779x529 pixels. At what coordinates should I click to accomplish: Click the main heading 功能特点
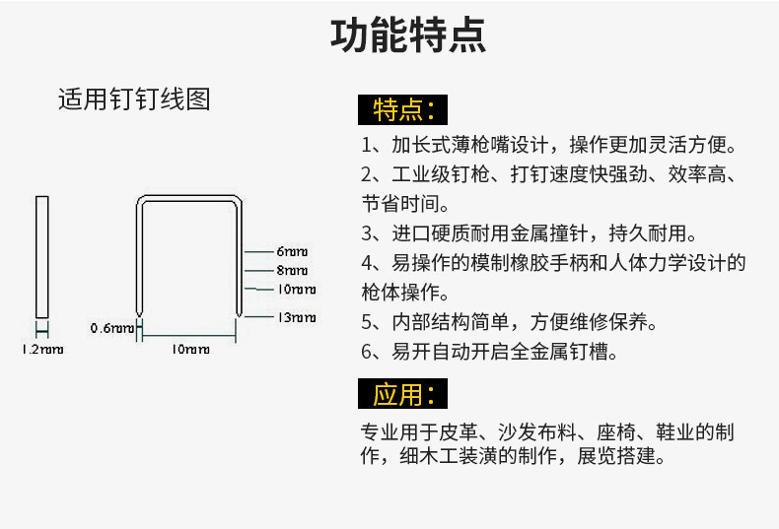pyautogui.click(x=407, y=35)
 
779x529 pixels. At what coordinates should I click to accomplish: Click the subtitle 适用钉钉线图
pyautogui.click(x=134, y=99)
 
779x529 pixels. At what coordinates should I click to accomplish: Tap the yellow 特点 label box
pyautogui.click(x=403, y=107)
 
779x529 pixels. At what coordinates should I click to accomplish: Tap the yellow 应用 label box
pyautogui.click(x=403, y=395)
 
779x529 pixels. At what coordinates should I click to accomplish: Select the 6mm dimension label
pyautogui.click(x=292, y=251)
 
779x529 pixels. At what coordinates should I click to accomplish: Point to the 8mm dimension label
pyautogui.click(x=292, y=270)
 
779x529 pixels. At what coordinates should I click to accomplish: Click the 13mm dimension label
pyautogui.click(x=295, y=317)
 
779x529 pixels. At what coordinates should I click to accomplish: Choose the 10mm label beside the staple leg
pyautogui.click(x=295, y=290)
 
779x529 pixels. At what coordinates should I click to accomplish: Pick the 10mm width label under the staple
pyautogui.click(x=190, y=349)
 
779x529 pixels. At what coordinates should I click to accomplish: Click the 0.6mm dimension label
pyautogui.click(x=110, y=328)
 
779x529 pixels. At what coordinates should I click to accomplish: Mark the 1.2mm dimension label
pyautogui.click(x=42, y=350)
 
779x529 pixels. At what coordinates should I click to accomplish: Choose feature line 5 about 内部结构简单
pyautogui.click(x=509, y=322)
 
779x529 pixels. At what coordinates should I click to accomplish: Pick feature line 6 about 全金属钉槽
pyautogui.click(x=489, y=352)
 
